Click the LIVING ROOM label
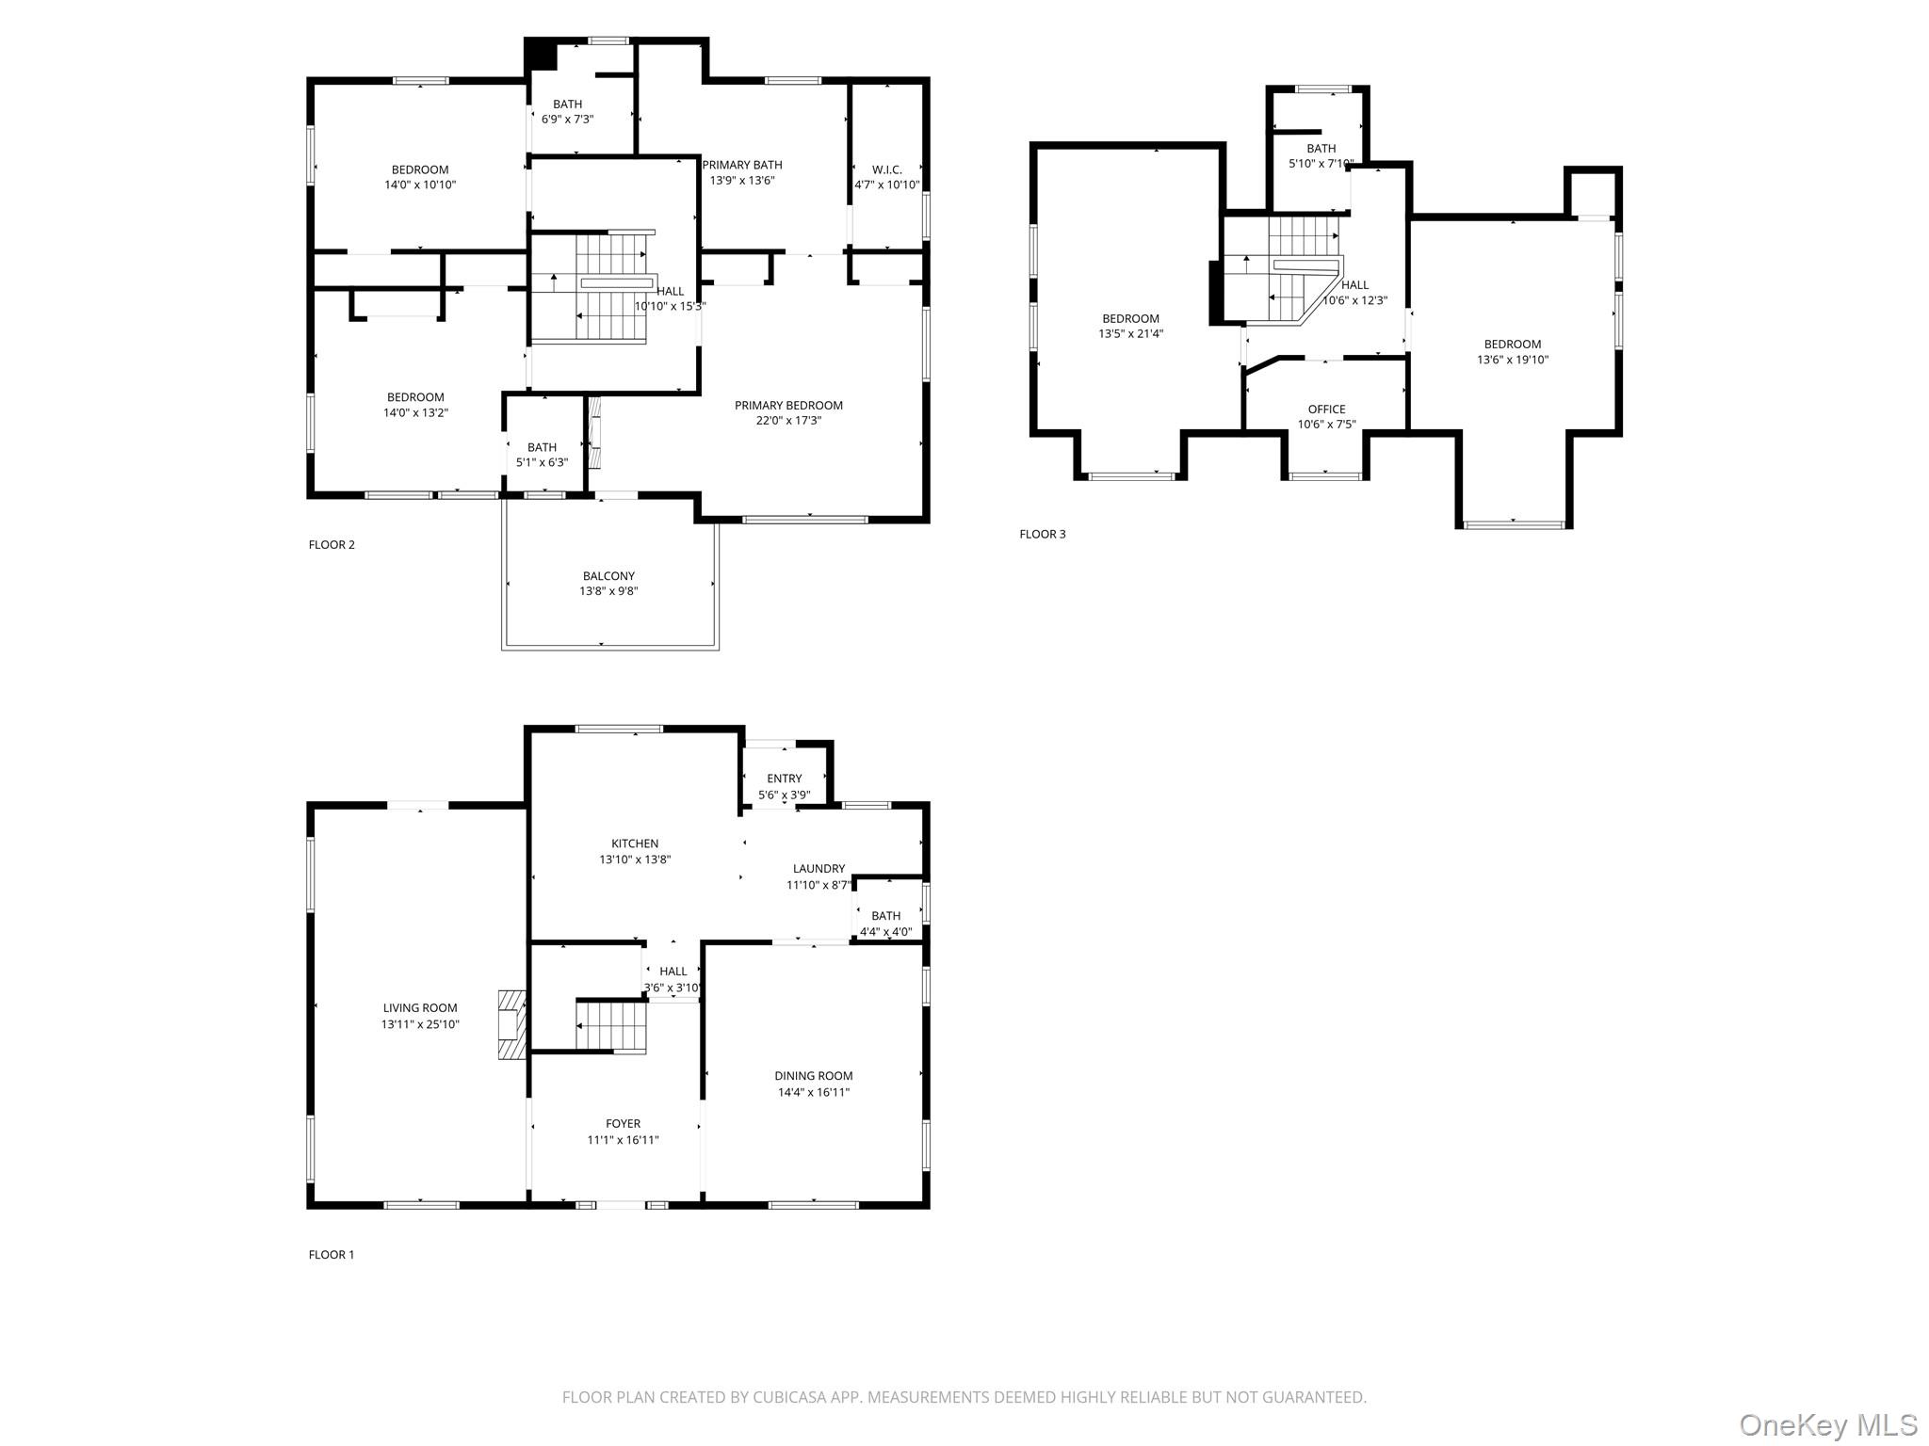coord(420,1008)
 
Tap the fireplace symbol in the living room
coord(511,1024)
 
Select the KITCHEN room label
coord(635,843)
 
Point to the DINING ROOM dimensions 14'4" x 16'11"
coord(814,1092)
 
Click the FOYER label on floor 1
coord(624,1124)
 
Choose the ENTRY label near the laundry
coord(785,779)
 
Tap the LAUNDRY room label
coord(819,869)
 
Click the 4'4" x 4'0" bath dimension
coord(886,932)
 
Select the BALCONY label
coord(608,576)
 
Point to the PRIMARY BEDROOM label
coord(789,406)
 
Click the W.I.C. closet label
coord(887,169)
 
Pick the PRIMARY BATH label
coord(742,165)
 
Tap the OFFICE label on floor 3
coord(1326,410)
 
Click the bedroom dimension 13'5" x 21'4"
coord(1131,333)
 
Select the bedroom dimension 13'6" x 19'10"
coord(1513,360)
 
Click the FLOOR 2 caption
coord(332,544)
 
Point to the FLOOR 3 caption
coord(1043,534)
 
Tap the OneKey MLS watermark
coord(1828,1423)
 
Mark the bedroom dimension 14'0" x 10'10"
coord(420,185)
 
